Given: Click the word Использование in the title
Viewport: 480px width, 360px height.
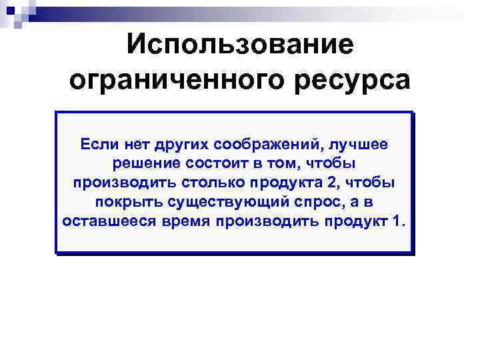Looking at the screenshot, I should pos(240,45).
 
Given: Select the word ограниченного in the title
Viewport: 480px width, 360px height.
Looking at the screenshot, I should pos(174,80).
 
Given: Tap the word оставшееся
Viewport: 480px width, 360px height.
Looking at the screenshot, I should pos(107,221).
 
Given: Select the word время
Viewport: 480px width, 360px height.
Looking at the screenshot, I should pos(183,221).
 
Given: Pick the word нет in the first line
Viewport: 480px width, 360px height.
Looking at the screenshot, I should pos(131,144).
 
